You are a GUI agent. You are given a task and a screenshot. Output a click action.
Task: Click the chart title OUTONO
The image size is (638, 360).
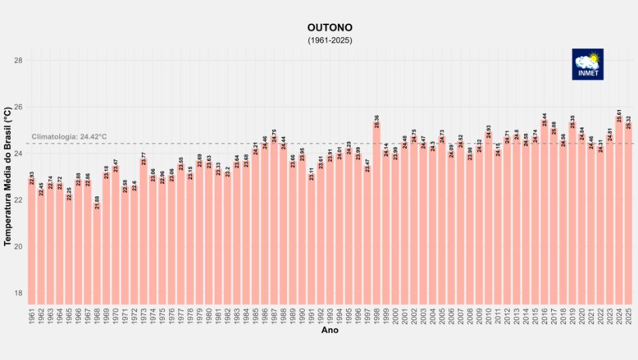[330, 28]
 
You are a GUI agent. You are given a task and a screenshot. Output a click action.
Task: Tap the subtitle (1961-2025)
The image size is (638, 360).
[330, 40]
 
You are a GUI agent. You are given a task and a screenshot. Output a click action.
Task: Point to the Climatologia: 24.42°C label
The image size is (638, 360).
[69, 137]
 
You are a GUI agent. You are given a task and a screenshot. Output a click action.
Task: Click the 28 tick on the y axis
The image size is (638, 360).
[18, 60]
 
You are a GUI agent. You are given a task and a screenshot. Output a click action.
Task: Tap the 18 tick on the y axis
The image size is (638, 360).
[18, 293]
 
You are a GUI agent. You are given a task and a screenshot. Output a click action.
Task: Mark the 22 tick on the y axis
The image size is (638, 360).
[18, 200]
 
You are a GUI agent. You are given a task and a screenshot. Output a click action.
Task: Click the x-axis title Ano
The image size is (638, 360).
[330, 331]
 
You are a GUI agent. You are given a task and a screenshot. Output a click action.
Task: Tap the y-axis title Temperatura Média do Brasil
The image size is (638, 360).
[7, 176]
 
